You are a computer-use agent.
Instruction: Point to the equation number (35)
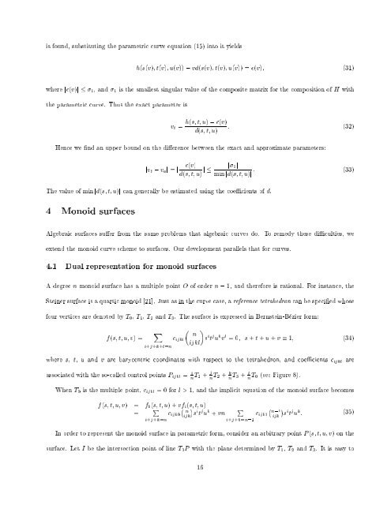347,410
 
